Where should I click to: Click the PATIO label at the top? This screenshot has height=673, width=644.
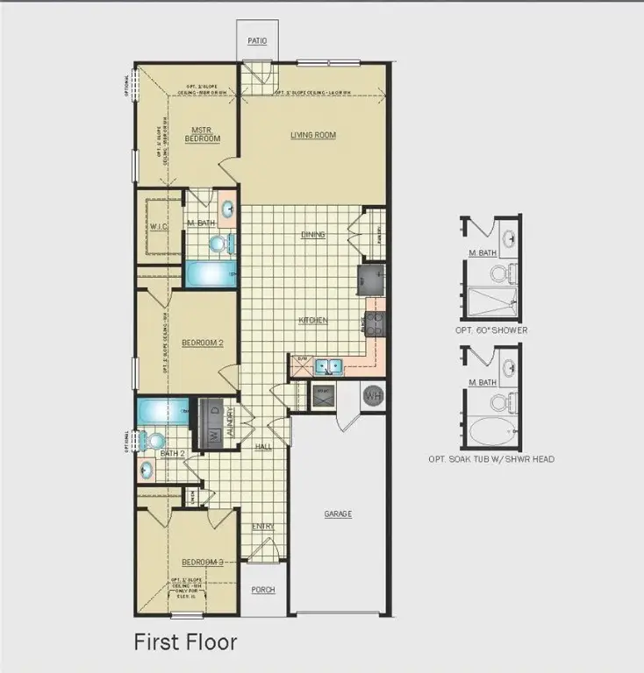(256, 41)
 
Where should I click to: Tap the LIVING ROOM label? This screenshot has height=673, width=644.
(313, 135)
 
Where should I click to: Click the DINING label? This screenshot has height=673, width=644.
(313, 235)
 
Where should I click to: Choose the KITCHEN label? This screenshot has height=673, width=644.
(312, 321)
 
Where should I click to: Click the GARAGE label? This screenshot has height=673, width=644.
(338, 514)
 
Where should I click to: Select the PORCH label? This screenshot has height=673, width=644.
(263, 590)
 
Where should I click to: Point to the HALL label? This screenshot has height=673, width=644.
(263, 447)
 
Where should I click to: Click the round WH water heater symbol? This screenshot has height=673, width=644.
(373, 395)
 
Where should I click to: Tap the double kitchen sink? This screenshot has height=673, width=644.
(329, 365)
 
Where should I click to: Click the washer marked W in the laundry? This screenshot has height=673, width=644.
(212, 435)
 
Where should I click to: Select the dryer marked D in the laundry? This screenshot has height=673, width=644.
(212, 412)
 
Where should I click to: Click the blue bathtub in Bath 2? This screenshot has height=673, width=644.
(162, 409)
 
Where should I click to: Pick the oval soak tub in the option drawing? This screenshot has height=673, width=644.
(490, 431)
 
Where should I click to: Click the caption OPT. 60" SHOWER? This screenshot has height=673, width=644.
(491, 330)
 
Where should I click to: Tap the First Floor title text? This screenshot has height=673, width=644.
(185, 641)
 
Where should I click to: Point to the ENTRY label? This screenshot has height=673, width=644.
(263, 527)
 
